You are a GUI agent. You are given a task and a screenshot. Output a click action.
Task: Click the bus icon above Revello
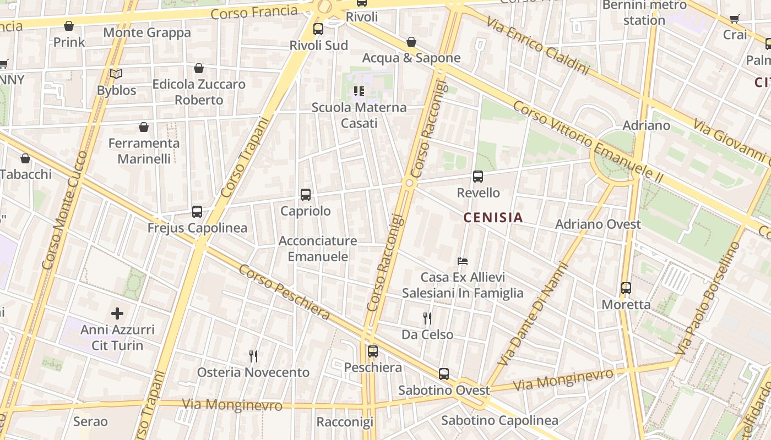coord(478,177)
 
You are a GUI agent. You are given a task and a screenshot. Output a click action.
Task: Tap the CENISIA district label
coord(493,218)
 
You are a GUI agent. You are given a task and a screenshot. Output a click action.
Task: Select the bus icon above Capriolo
coord(306,194)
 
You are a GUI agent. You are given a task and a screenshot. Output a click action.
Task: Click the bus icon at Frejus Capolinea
coord(197,211)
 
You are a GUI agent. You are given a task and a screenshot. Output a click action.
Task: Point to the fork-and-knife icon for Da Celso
coord(427,318)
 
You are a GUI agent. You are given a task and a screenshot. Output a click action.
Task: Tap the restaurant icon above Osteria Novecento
coord(253,356)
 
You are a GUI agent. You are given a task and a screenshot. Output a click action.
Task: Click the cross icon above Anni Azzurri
coord(117,313)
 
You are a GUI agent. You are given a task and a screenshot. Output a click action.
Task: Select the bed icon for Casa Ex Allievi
coord(463,261)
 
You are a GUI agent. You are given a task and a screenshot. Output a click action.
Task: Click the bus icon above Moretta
coord(626,288)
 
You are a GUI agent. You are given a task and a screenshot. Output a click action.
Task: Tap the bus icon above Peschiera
coord(373,351)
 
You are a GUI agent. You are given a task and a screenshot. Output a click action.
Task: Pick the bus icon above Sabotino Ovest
coord(444,374)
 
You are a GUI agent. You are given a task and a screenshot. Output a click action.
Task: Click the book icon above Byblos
coord(116,74)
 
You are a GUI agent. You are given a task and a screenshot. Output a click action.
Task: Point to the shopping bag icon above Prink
coord(69,26)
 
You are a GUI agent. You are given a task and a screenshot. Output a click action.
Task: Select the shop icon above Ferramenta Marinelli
coord(144,127)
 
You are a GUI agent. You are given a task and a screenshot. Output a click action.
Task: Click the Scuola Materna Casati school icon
coord(359,91)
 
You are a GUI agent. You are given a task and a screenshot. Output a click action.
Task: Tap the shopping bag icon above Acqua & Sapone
coord(411,42)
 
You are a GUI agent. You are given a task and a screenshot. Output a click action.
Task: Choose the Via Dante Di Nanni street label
coord(533,315)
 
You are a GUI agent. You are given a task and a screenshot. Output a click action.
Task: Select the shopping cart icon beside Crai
coord(735,19)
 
